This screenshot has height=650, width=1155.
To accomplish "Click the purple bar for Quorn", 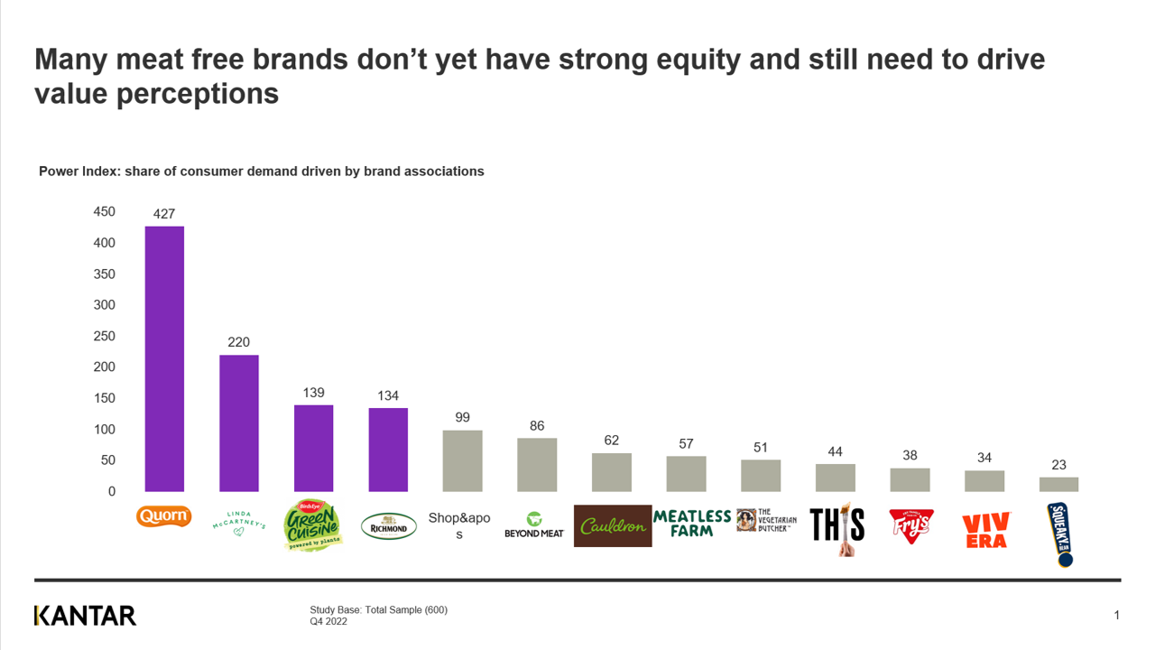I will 164,358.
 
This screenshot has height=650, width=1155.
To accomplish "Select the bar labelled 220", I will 239,422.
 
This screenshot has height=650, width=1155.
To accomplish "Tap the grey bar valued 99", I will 462,460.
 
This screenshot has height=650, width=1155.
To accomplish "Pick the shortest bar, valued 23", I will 1058,484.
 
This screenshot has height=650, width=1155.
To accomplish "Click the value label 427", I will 163,214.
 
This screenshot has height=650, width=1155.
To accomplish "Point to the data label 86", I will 537,425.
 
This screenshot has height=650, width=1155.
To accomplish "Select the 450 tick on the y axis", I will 105,212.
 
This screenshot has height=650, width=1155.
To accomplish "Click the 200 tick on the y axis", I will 105,367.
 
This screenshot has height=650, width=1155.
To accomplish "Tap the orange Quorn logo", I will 163,516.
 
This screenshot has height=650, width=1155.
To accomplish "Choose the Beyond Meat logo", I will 534,525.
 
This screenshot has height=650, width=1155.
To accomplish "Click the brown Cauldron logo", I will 612,525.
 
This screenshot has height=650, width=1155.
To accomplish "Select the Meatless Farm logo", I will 692,523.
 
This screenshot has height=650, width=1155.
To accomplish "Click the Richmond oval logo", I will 389,526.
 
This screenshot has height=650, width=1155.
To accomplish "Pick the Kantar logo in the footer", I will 85,616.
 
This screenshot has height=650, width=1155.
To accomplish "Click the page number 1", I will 1116,616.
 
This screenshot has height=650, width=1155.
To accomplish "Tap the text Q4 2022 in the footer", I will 329,621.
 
